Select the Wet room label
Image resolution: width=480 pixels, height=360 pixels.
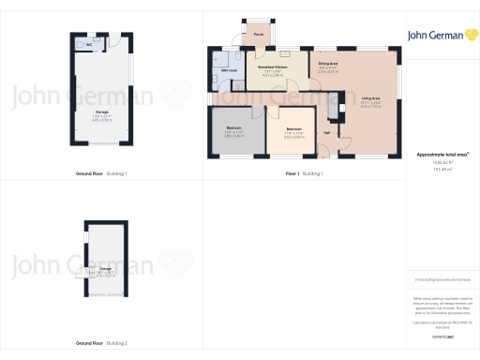click(229, 71)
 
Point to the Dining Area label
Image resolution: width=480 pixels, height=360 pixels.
click(328, 63)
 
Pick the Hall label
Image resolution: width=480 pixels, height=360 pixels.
click(326, 132)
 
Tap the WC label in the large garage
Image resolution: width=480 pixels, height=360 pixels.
click(88, 44)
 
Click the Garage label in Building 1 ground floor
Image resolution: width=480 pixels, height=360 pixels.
click(101, 112)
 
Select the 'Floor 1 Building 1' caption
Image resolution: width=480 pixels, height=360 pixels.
click(304, 173)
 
